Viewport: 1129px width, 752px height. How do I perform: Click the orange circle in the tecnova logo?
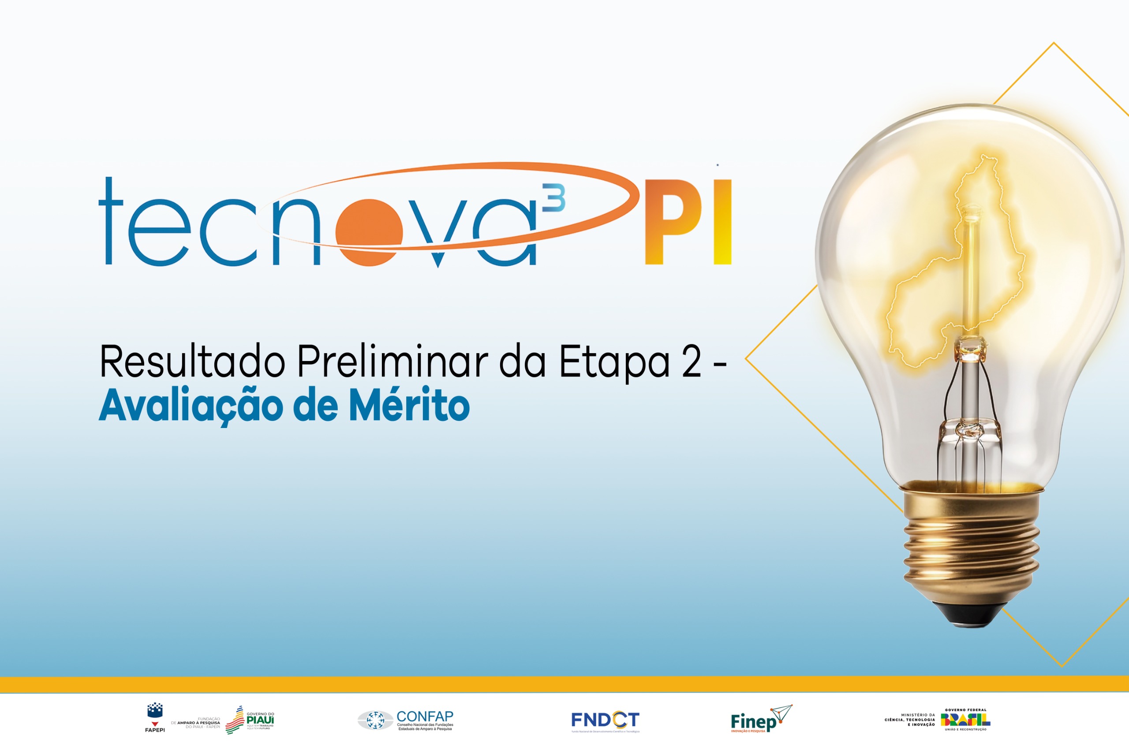pos(369,232)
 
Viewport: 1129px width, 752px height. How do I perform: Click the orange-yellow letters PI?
pos(687,222)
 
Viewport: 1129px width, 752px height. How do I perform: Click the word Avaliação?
pos(191,407)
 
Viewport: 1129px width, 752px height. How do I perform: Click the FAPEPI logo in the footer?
pos(155,718)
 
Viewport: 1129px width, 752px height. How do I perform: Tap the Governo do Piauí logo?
pos(250,720)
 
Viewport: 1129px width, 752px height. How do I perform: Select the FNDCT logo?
pos(605,721)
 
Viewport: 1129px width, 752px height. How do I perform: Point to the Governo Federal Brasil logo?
pos(965,720)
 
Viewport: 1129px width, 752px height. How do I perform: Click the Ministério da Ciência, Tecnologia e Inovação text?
pos(910,720)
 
